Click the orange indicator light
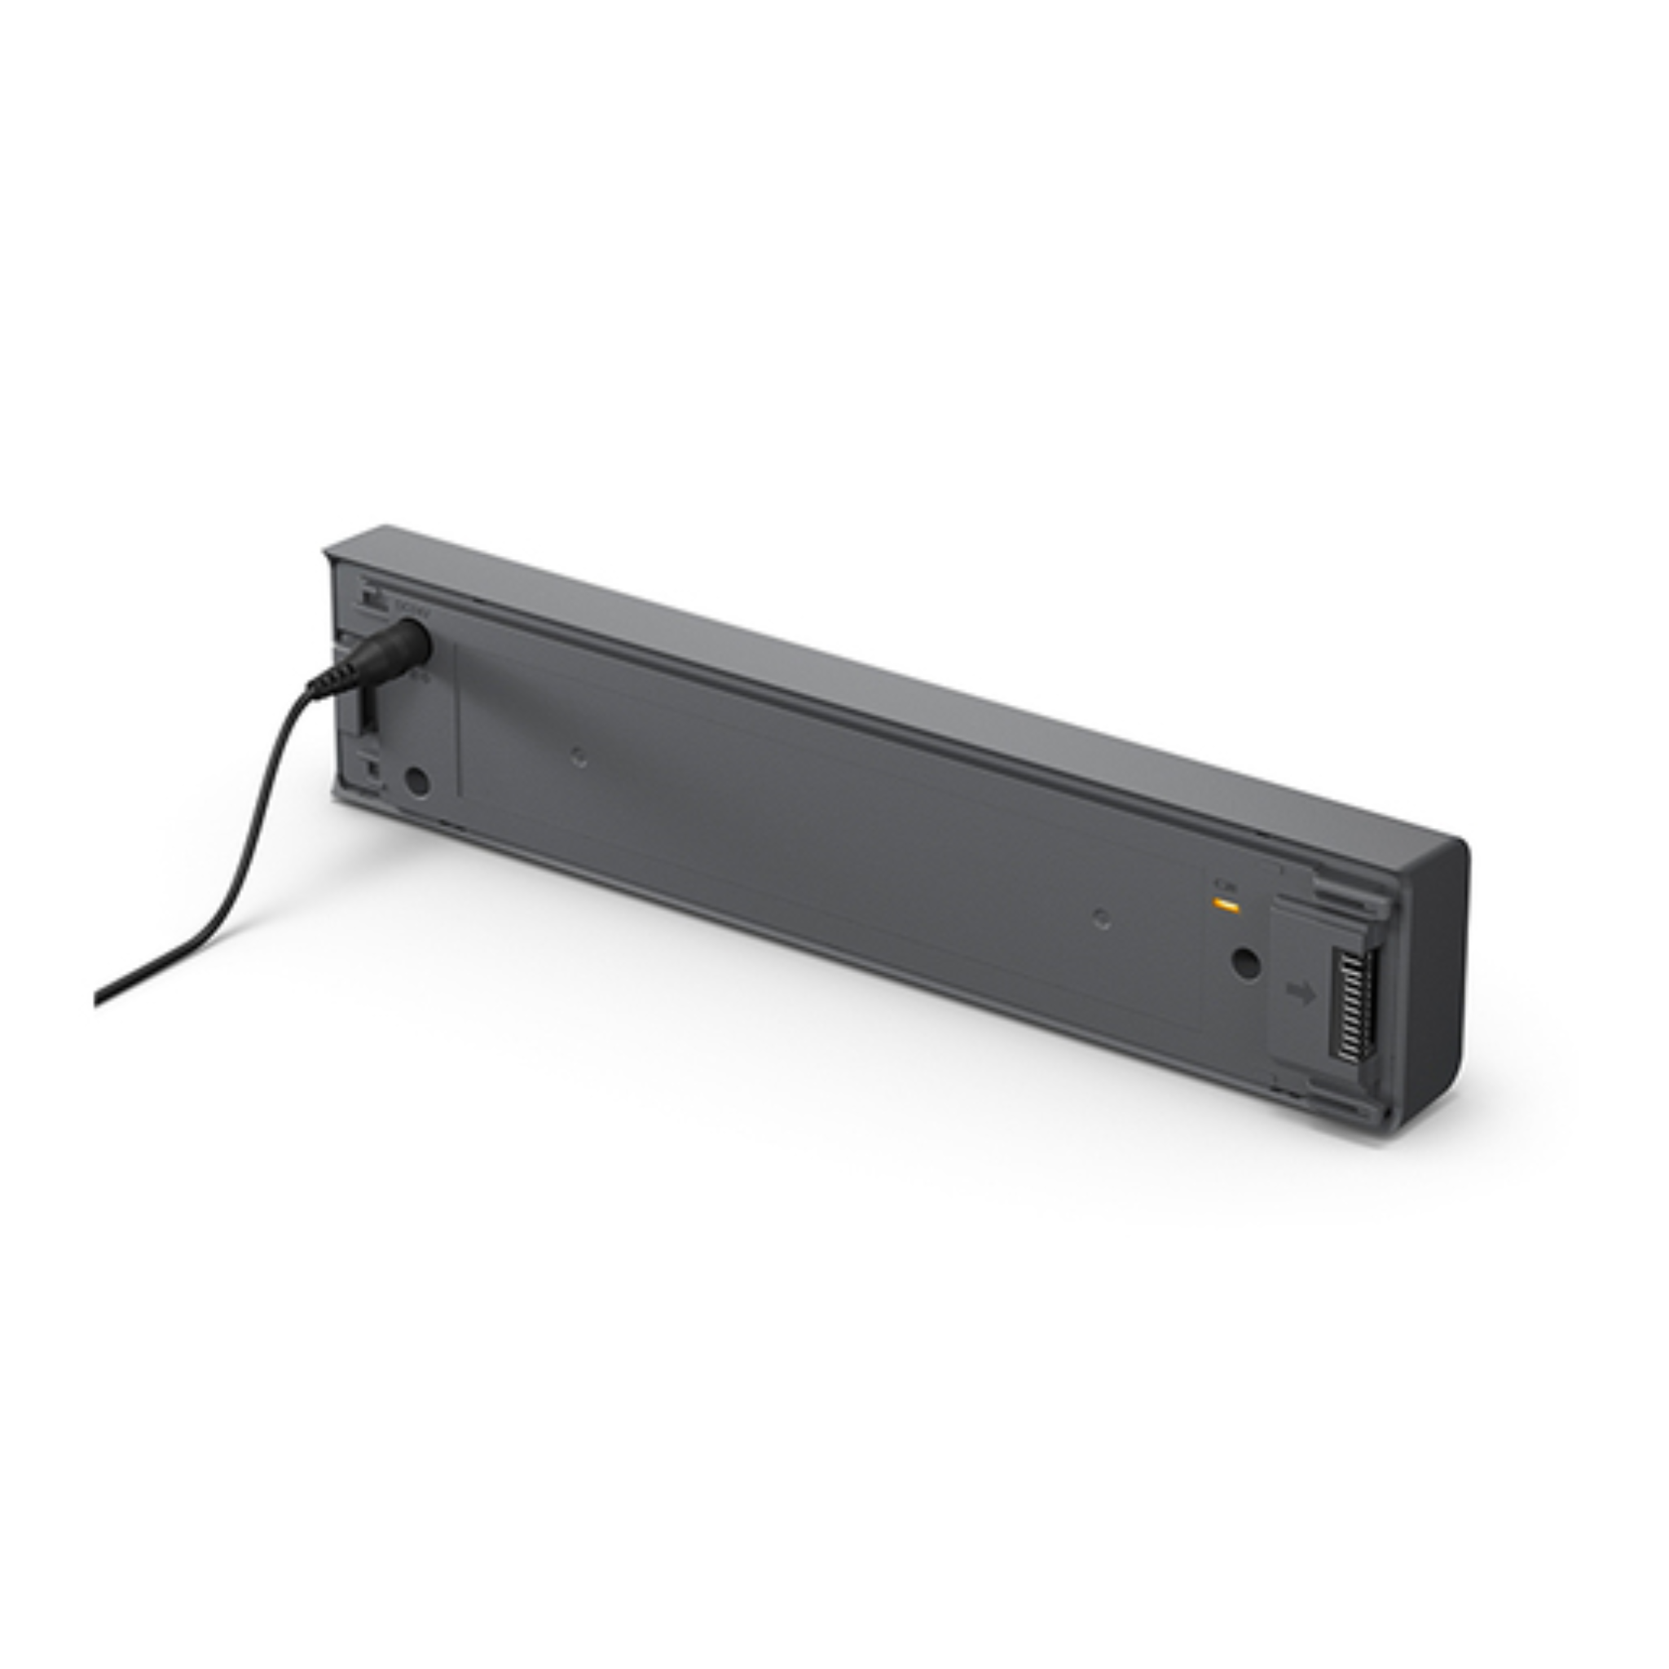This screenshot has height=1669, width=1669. (x=1224, y=905)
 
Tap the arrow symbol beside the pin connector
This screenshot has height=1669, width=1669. (x=1300, y=993)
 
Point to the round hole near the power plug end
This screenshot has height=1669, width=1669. (x=417, y=782)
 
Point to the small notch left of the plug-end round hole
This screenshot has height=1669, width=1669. (x=373, y=767)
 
